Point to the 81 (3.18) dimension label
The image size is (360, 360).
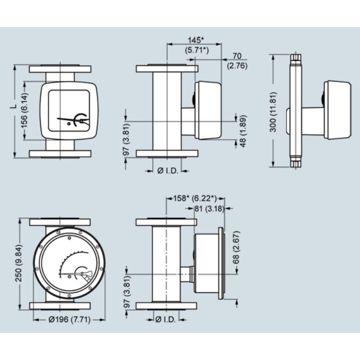[x=208, y=208]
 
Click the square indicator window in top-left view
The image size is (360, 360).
[x=72, y=110]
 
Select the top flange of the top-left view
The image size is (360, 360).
[x=60, y=69]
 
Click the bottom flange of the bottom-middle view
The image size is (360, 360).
[x=166, y=306]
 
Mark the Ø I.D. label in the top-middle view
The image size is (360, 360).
[x=167, y=171]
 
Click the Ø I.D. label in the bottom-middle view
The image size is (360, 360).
[x=167, y=320]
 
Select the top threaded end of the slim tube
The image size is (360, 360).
[x=295, y=57]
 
